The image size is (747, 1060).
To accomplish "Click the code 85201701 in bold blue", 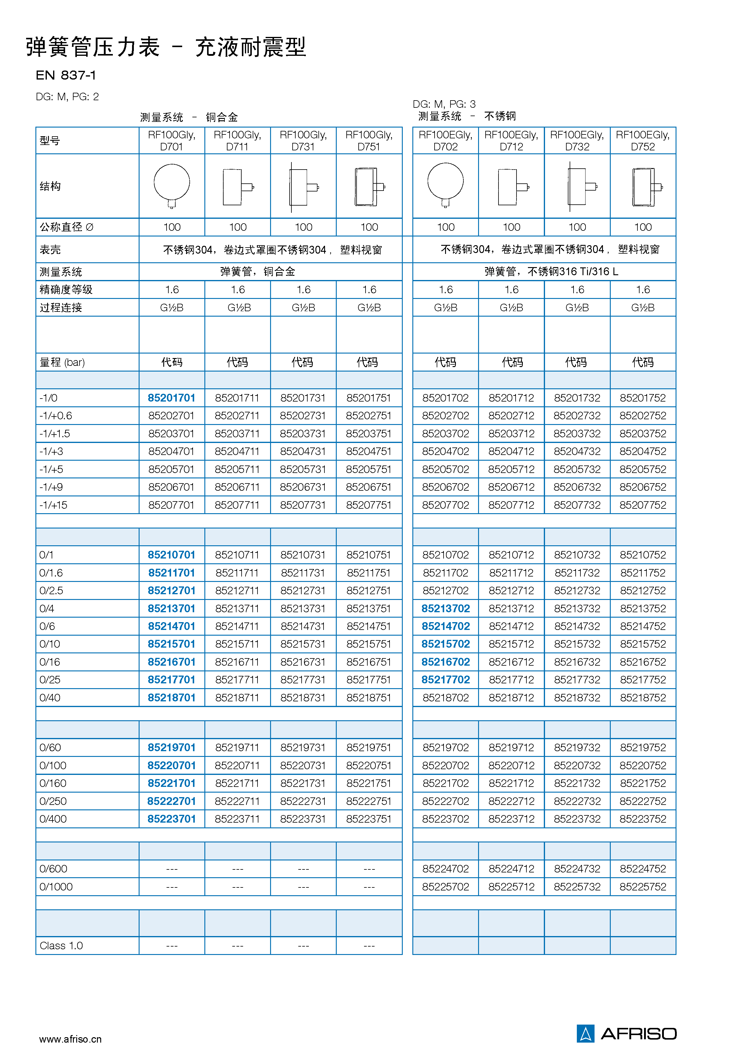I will (171, 398).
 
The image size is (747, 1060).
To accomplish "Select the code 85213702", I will (445, 609).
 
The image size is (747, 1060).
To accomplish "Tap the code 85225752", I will (643, 887).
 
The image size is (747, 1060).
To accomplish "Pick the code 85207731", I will (303, 505).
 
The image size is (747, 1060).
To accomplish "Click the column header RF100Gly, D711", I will (237, 141).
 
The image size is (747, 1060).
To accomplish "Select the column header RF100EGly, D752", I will (643, 141).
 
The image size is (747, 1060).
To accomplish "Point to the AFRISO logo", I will (626, 1033).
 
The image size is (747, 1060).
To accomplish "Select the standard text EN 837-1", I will (65, 75).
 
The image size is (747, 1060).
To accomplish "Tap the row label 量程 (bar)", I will (62, 363).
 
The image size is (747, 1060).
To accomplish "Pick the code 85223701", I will (171, 819).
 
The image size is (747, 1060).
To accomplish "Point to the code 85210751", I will (369, 555).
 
